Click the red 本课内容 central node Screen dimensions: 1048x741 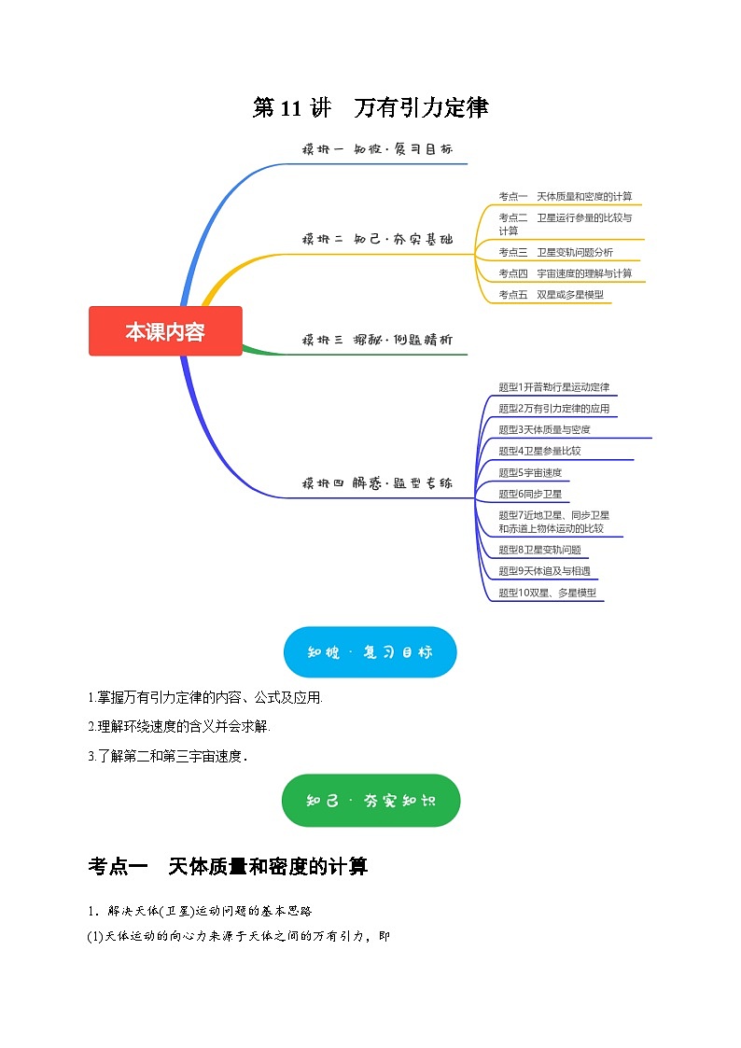click(x=165, y=331)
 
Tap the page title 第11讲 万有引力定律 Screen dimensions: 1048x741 click(x=370, y=108)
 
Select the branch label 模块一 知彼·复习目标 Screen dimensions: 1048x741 click(x=377, y=149)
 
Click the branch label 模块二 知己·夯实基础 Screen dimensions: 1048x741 click(x=377, y=239)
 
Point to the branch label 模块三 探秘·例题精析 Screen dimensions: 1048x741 click(x=377, y=340)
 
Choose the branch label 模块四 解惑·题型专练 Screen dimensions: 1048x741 click(x=377, y=483)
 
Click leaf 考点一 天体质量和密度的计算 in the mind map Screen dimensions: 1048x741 click(x=565, y=196)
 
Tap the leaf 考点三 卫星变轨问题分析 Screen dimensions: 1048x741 click(x=554, y=252)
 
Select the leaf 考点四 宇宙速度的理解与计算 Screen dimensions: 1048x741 click(x=565, y=273)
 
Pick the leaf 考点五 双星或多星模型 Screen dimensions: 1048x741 click(x=551, y=295)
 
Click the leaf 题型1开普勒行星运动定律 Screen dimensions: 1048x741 click(x=554, y=386)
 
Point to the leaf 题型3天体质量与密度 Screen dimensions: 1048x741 click(x=544, y=429)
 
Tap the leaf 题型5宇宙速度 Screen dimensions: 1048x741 click(x=530, y=472)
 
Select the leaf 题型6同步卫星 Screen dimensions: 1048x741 click(x=530, y=494)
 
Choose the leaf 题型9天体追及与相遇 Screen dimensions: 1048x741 click(x=544, y=571)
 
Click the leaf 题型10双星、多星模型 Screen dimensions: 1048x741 click(x=547, y=593)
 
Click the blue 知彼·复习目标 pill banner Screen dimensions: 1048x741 click(x=370, y=652)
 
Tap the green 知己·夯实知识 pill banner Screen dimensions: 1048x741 click(x=370, y=800)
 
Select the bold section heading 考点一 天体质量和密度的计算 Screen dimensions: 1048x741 click(x=228, y=867)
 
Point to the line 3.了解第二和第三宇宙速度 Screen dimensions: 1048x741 click(x=168, y=757)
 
